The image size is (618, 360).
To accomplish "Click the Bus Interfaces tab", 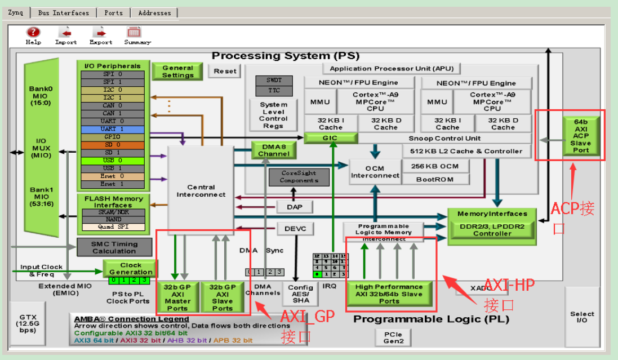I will [x=64, y=12].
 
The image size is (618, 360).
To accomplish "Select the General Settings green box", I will [x=177, y=71].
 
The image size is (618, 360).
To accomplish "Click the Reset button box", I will [x=225, y=71].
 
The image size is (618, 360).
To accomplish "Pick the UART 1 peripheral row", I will [x=112, y=129].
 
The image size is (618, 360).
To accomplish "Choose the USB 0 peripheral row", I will [x=112, y=161].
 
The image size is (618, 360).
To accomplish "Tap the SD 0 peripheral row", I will [x=112, y=145].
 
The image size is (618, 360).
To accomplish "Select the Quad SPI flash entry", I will [x=112, y=227].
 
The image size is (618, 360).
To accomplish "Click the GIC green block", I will [x=331, y=137].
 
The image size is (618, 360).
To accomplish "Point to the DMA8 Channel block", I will [x=274, y=150].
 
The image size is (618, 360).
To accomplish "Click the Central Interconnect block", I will [x=201, y=191].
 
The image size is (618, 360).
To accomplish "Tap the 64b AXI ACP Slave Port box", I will [x=581, y=135].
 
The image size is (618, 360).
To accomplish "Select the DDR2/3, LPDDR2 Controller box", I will [x=492, y=229].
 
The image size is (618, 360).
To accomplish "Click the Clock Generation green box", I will [x=131, y=268].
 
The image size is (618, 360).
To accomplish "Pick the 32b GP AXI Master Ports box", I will [x=177, y=297].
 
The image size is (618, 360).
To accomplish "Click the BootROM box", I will [x=435, y=179].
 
